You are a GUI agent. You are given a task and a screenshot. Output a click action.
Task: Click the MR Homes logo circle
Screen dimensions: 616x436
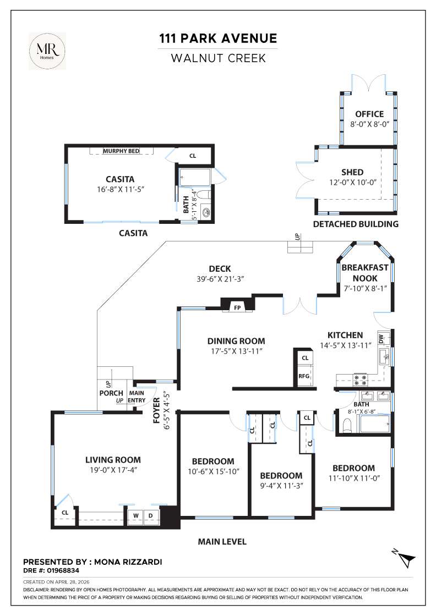[47, 51]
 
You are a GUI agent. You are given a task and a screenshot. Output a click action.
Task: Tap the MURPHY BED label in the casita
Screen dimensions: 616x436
[121, 151]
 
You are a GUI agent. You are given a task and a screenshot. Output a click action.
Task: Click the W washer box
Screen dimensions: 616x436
[135, 515]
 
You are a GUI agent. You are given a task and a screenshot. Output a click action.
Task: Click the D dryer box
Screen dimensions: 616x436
[150, 515]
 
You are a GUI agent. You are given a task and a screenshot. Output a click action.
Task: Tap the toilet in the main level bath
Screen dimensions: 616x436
[347, 425]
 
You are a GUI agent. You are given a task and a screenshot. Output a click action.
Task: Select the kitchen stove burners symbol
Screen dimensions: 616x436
[361, 378]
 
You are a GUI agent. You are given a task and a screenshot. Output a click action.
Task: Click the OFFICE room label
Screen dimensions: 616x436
[369, 114]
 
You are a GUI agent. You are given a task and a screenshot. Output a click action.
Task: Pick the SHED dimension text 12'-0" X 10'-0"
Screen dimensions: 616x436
[360, 183]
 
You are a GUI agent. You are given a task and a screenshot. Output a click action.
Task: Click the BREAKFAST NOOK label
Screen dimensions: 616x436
[364, 273]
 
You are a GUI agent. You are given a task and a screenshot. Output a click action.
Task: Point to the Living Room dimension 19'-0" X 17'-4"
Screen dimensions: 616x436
[113, 471]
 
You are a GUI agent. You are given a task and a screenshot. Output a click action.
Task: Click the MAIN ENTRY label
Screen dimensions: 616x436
[137, 397]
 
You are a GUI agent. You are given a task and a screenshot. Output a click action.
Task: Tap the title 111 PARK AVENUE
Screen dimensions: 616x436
[218, 38]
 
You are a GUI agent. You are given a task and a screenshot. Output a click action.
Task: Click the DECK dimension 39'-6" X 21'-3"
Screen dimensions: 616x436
[220, 279]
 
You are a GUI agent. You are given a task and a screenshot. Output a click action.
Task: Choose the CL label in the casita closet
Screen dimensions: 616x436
[193, 156]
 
